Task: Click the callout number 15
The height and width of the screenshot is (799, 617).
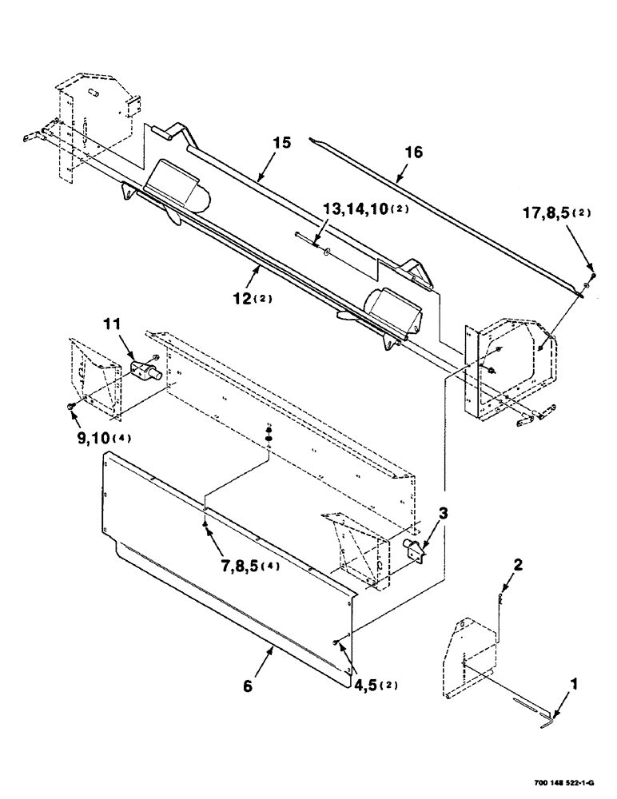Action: [x=280, y=143]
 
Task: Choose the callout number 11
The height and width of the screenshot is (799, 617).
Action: [x=112, y=325]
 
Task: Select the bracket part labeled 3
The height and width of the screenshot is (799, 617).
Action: [x=416, y=551]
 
